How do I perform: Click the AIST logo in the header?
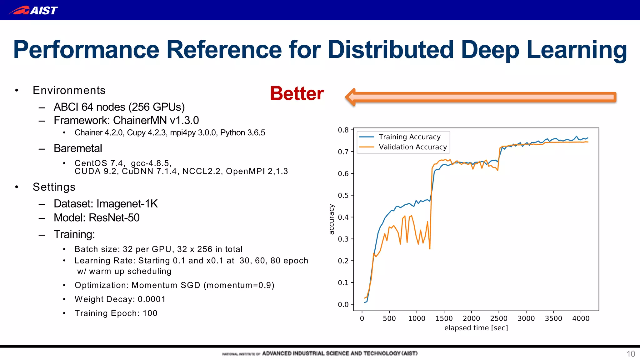[x=33, y=10]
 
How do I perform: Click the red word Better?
[x=297, y=93]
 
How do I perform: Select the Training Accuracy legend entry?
[x=409, y=137]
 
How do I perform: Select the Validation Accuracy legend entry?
[x=412, y=147]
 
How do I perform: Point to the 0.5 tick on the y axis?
[x=343, y=195]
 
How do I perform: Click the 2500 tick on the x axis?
[x=498, y=318]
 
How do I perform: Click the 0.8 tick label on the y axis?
[x=343, y=130]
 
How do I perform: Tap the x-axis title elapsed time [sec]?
[x=476, y=328]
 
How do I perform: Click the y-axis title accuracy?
[x=332, y=219]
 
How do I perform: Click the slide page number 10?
[x=631, y=354]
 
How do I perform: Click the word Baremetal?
[x=78, y=148]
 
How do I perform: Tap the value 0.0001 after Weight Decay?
[x=152, y=299]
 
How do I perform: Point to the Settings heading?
[x=54, y=187]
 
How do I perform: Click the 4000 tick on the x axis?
[x=581, y=318]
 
